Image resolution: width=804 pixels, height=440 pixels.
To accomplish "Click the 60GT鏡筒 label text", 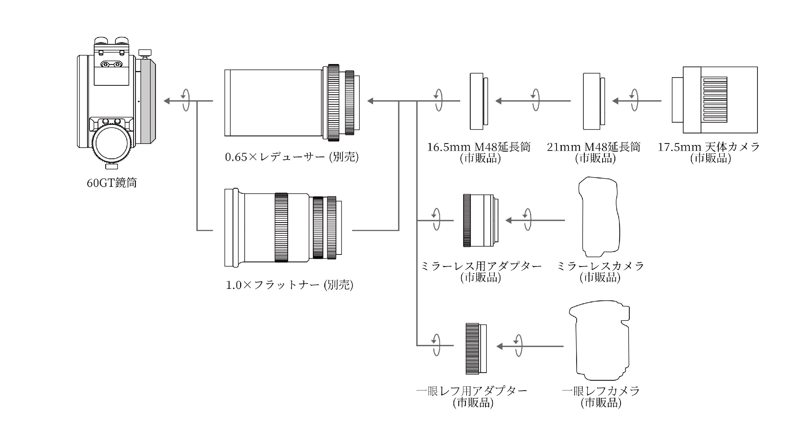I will [112, 183].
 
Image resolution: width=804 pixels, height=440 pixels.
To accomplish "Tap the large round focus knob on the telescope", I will [111, 144].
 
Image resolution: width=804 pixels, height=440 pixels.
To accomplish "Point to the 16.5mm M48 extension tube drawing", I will [478, 101].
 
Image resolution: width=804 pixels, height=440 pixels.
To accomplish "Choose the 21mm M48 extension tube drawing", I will [593, 101].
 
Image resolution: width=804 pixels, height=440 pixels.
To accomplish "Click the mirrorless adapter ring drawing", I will [480, 220].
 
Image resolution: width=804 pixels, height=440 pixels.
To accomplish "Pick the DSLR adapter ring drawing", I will [476, 349].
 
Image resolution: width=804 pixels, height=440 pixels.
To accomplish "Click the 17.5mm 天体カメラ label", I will [709, 147].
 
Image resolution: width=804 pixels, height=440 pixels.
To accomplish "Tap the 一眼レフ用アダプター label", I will [472, 391].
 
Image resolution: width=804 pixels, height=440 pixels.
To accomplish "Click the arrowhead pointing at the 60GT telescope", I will [167, 101].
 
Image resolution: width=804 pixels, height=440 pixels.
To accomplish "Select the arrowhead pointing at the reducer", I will [370, 101].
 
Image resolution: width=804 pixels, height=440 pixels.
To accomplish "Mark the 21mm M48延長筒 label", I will [593, 147].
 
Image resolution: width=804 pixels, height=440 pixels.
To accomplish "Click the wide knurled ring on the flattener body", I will [281, 227].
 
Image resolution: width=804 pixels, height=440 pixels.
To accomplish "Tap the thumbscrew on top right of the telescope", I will [145, 53].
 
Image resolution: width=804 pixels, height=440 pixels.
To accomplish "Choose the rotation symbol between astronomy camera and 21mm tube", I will [634, 100].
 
